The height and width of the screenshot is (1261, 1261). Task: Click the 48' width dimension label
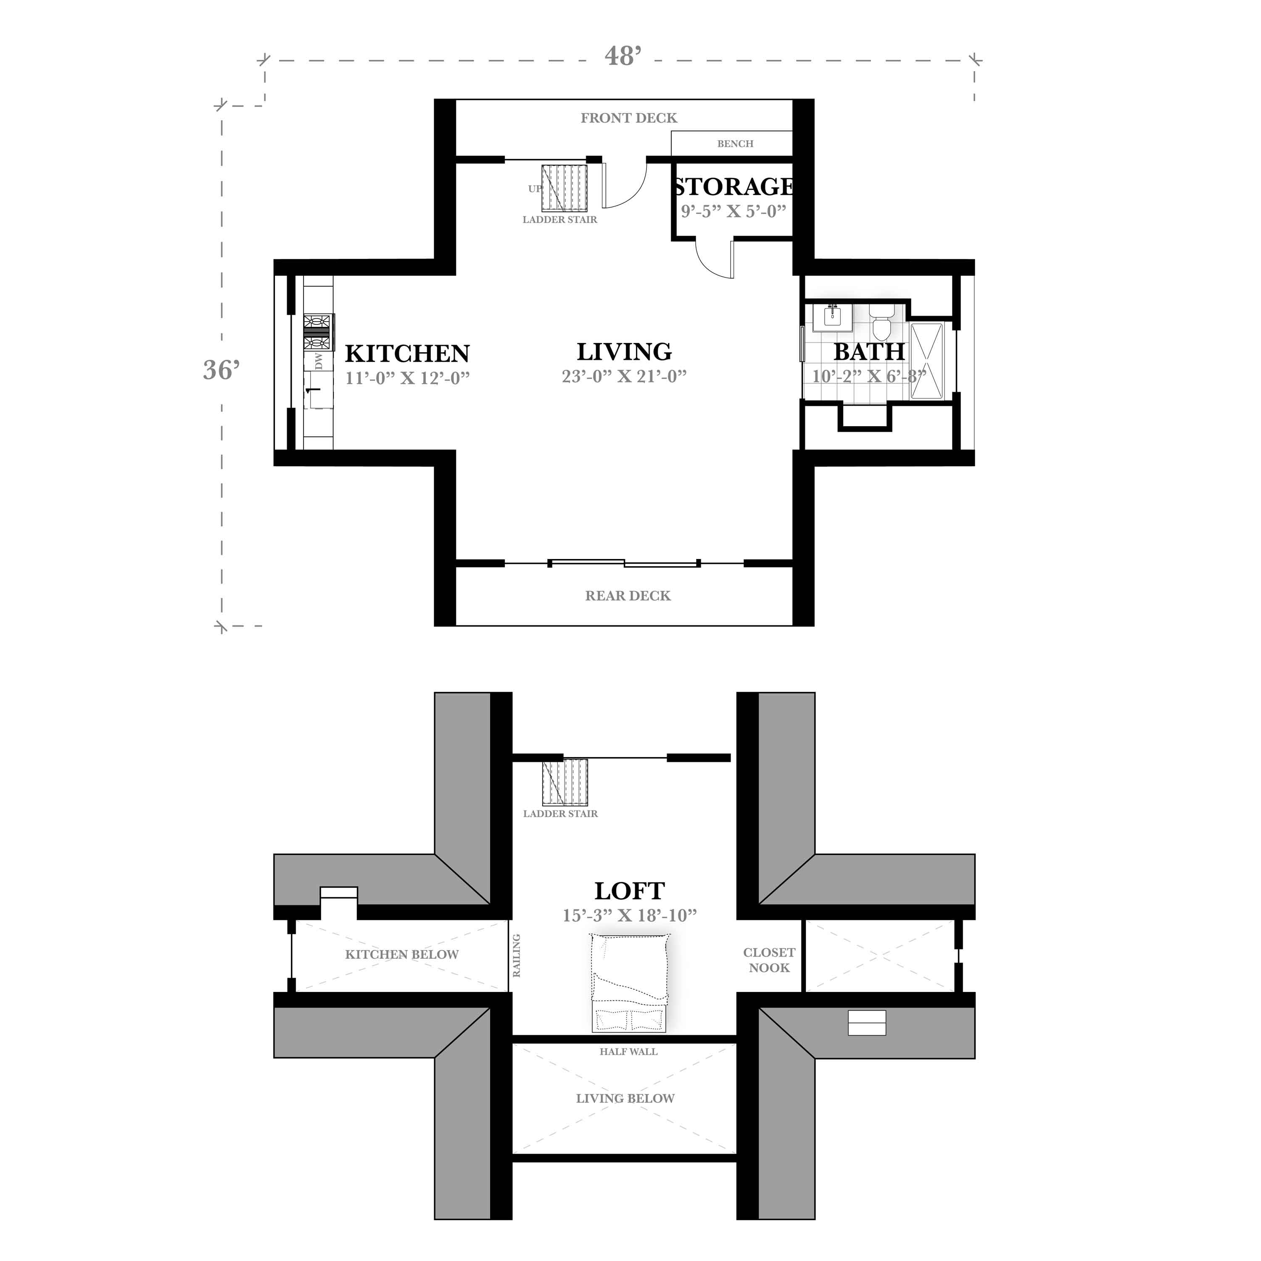click(622, 57)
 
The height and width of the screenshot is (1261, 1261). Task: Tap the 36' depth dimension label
click(221, 370)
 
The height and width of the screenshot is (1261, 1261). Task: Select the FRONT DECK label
click(628, 118)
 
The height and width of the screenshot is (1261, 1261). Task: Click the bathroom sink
click(832, 317)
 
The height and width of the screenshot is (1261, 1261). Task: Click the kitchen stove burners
click(319, 333)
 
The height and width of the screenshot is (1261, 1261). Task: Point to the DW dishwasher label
click(319, 361)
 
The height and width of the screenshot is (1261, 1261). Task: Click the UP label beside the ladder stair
click(535, 189)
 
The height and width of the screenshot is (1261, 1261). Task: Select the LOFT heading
click(629, 891)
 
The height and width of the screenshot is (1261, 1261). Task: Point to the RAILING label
click(516, 955)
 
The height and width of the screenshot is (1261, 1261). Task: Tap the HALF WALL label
click(628, 1052)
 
